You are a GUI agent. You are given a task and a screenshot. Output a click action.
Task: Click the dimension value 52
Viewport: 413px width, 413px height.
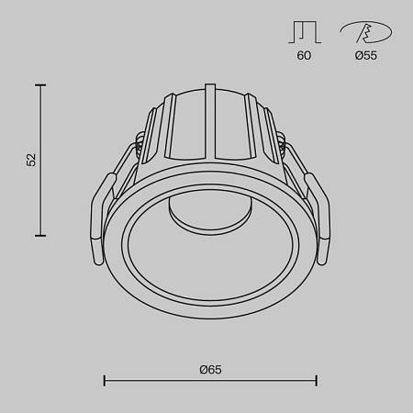point(31,160)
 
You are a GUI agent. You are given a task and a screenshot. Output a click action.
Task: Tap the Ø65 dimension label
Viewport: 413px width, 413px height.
point(210,369)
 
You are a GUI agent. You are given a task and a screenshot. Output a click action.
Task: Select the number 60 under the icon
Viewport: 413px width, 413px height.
point(304,56)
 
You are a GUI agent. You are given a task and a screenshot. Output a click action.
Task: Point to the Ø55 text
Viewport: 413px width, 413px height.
point(365,56)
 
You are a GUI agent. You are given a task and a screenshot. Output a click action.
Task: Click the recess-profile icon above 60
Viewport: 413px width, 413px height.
point(304,33)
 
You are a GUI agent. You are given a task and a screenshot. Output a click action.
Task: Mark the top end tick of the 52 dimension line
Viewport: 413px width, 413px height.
point(40,85)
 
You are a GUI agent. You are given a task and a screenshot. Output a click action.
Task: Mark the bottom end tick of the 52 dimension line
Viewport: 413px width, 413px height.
point(40,236)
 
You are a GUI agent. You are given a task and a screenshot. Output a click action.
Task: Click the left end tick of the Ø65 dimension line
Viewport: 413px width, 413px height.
point(104,380)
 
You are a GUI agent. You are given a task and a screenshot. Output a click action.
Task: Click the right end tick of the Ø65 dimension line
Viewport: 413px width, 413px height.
point(317,380)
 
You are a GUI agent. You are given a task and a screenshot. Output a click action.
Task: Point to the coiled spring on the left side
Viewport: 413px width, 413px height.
point(139,147)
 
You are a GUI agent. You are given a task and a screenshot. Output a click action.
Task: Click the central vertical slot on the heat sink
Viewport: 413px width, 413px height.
point(210,119)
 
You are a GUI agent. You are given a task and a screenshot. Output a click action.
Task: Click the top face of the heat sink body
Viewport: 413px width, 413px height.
point(210,93)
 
